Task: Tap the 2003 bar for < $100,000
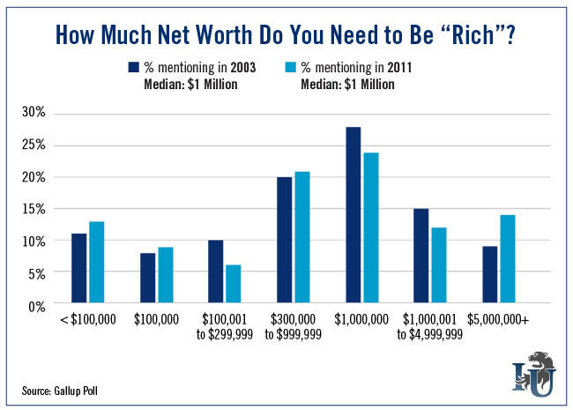click(78, 269)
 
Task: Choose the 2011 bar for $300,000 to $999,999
click(301, 238)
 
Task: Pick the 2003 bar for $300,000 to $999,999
click(285, 241)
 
